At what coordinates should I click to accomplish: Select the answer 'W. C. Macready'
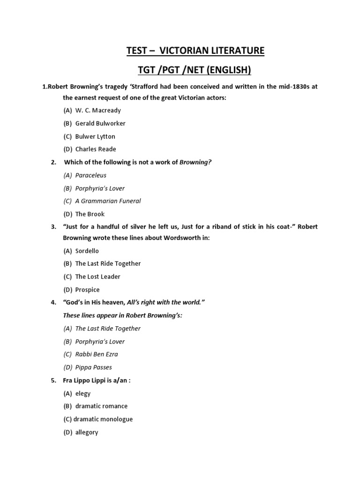98,111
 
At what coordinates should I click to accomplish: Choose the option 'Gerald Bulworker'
100,123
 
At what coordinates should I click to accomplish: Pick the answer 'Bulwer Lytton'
95,136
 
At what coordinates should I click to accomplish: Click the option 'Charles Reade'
96,149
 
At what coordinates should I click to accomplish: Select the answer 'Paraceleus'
91,175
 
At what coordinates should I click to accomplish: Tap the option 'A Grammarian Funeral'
108,201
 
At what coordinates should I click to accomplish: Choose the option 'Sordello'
87,251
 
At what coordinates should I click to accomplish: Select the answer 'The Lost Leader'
98,277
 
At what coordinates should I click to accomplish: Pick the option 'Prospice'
88,290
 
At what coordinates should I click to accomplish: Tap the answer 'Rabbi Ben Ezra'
97,354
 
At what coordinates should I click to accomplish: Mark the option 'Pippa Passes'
94,367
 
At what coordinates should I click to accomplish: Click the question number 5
53,381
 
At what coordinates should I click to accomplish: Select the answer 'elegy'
83,394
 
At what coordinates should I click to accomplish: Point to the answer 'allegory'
87,433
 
